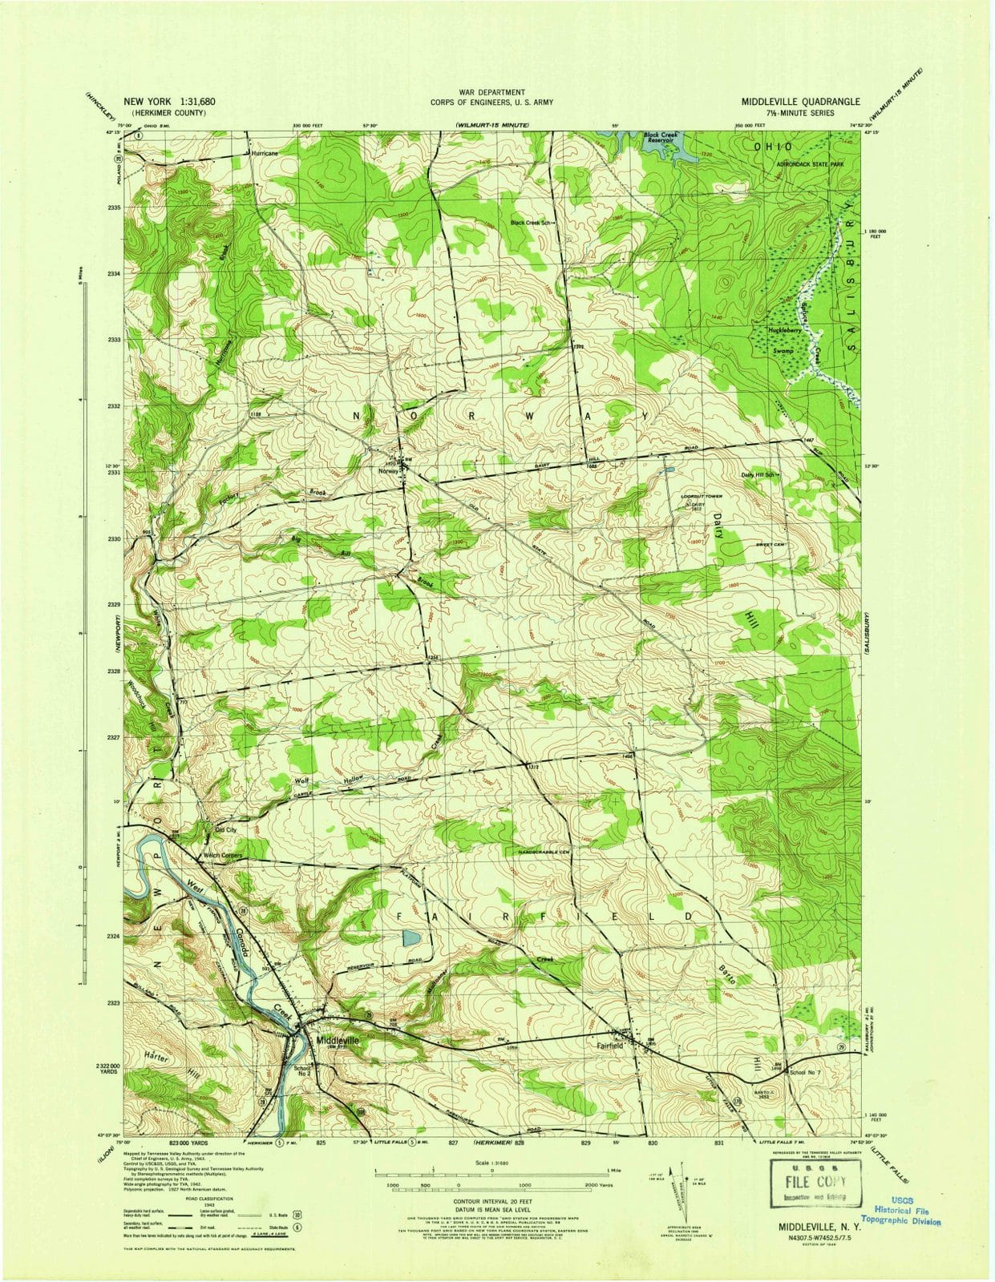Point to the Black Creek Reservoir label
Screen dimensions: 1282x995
[661, 139]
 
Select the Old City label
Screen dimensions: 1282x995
[224, 831]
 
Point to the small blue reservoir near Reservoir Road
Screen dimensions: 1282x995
[410, 937]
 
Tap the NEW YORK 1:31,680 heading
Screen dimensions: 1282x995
[169, 103]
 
